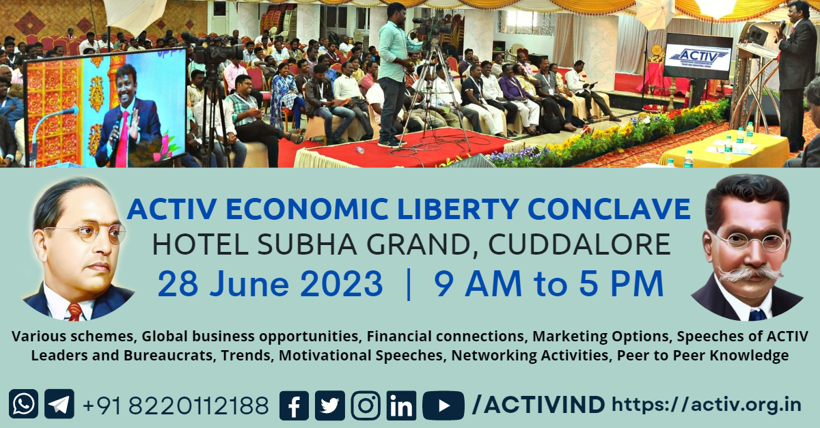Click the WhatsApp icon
coord(23,404)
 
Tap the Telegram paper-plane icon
coord(59,404)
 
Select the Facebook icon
coord(294,405)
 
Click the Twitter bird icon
coord(329,405)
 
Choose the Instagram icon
coord(366,405)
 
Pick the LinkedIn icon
coord(401,405)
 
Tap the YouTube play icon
coord(443,405)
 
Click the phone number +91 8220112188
coord(176,405)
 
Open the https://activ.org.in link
coord(707,405)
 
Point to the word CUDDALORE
coord(579,244)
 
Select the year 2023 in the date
coord(341,284)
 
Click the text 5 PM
coord(622,283)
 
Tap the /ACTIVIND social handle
coord(538,405)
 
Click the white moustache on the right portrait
coord(749,273)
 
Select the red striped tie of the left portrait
coord(74,312)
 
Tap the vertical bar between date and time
coord(409,284)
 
